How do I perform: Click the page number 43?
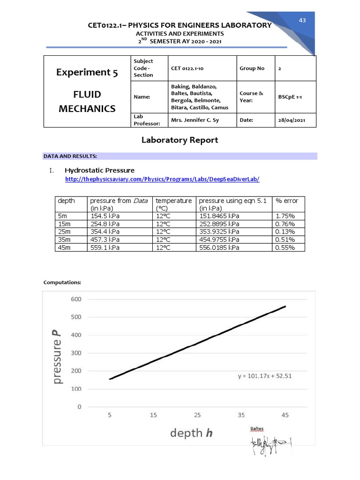click(x=302, y=20)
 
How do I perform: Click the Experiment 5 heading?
click(x=87, y=72)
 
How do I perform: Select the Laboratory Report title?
click(x=180, y=140)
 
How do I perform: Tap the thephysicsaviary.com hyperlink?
click(x=162, y=180)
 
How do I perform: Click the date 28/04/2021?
click(x=292, y=120)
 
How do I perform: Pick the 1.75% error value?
click(x=285, y=216)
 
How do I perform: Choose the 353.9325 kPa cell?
click(x=219, y=232)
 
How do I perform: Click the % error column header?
click(x=287, y=201)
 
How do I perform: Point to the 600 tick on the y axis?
click(x=76, y=299)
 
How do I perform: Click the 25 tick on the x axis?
click(x=197, y=415)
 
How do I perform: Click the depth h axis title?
click(x=191, y=433)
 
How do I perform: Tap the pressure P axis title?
click(x=57, y=357)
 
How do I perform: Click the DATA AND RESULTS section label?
click(x=70, y=156)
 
